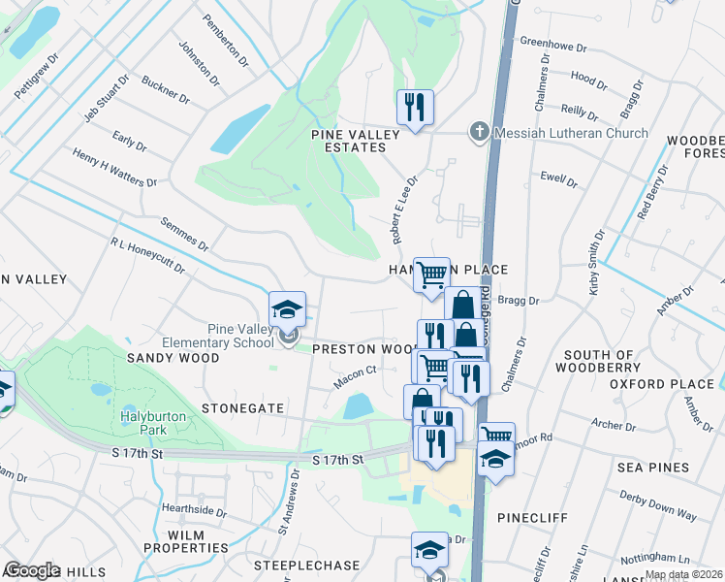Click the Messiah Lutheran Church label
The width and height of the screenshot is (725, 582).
pos(571,133)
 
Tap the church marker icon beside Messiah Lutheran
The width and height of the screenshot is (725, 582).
pos(477,132)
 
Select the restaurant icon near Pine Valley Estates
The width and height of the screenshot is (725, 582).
pos(415,108)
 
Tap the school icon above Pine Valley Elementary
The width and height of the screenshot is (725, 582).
pos(288,310)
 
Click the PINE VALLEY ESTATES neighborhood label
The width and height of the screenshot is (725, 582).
pos(348,140)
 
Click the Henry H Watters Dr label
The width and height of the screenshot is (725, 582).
pos(114,168)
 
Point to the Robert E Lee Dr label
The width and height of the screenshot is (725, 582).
pos(403,209)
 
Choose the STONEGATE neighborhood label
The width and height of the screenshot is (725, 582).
pos(242,409)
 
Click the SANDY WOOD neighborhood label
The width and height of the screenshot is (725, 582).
pos(173,358)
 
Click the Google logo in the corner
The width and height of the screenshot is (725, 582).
pos(32,570)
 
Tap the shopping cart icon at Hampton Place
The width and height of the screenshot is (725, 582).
pos(431,275)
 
